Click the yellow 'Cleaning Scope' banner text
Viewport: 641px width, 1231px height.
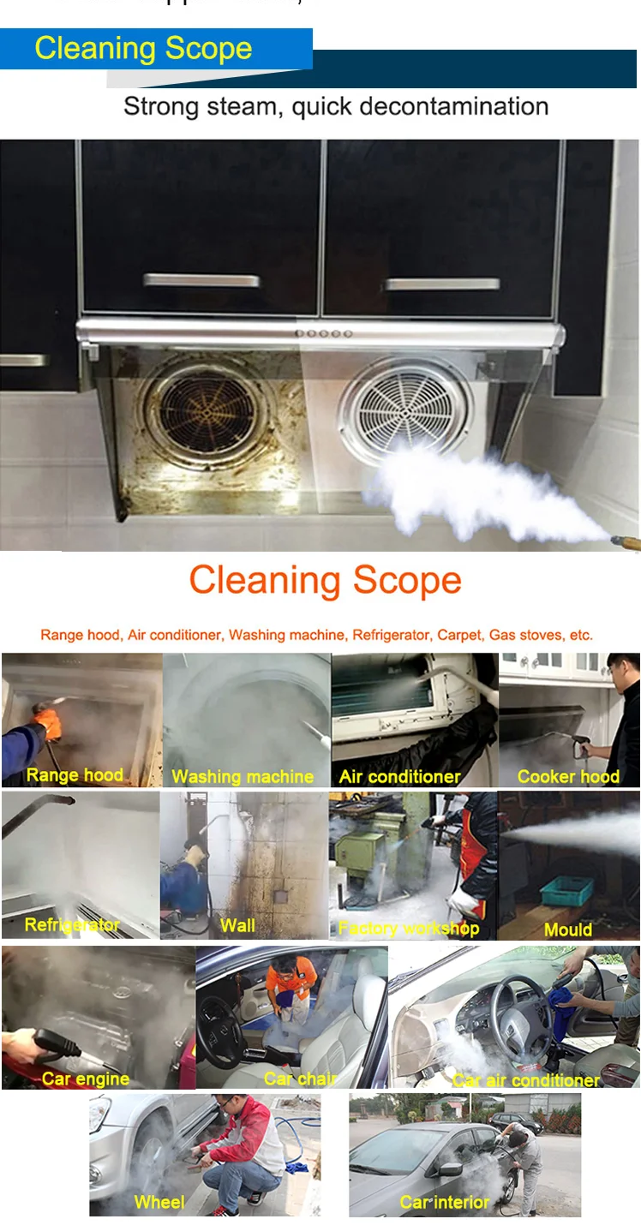(x=143, y=49)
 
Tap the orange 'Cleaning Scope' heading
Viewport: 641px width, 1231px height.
(x=325, y=581)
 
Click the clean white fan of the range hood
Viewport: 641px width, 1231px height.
(x=404, y=409)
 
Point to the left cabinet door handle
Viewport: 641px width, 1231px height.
(x=201, y=281)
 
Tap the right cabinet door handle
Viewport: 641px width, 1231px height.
(x=441, y=284)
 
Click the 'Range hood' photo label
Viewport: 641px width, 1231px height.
(x=75, y=775)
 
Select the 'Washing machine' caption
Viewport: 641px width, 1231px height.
(x=243, y=777)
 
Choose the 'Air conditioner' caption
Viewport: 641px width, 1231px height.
(x=399, y=777)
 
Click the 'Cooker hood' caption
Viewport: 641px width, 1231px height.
(x=568, y=777)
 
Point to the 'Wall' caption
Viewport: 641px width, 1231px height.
(x=237, y=925)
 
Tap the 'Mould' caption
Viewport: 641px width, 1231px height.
(x=567, y=929)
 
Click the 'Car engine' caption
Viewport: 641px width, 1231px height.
(x=86, y=1079)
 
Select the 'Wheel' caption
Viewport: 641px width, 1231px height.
(x=159, y=1203)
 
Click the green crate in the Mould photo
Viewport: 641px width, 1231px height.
(x=566, y=892)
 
